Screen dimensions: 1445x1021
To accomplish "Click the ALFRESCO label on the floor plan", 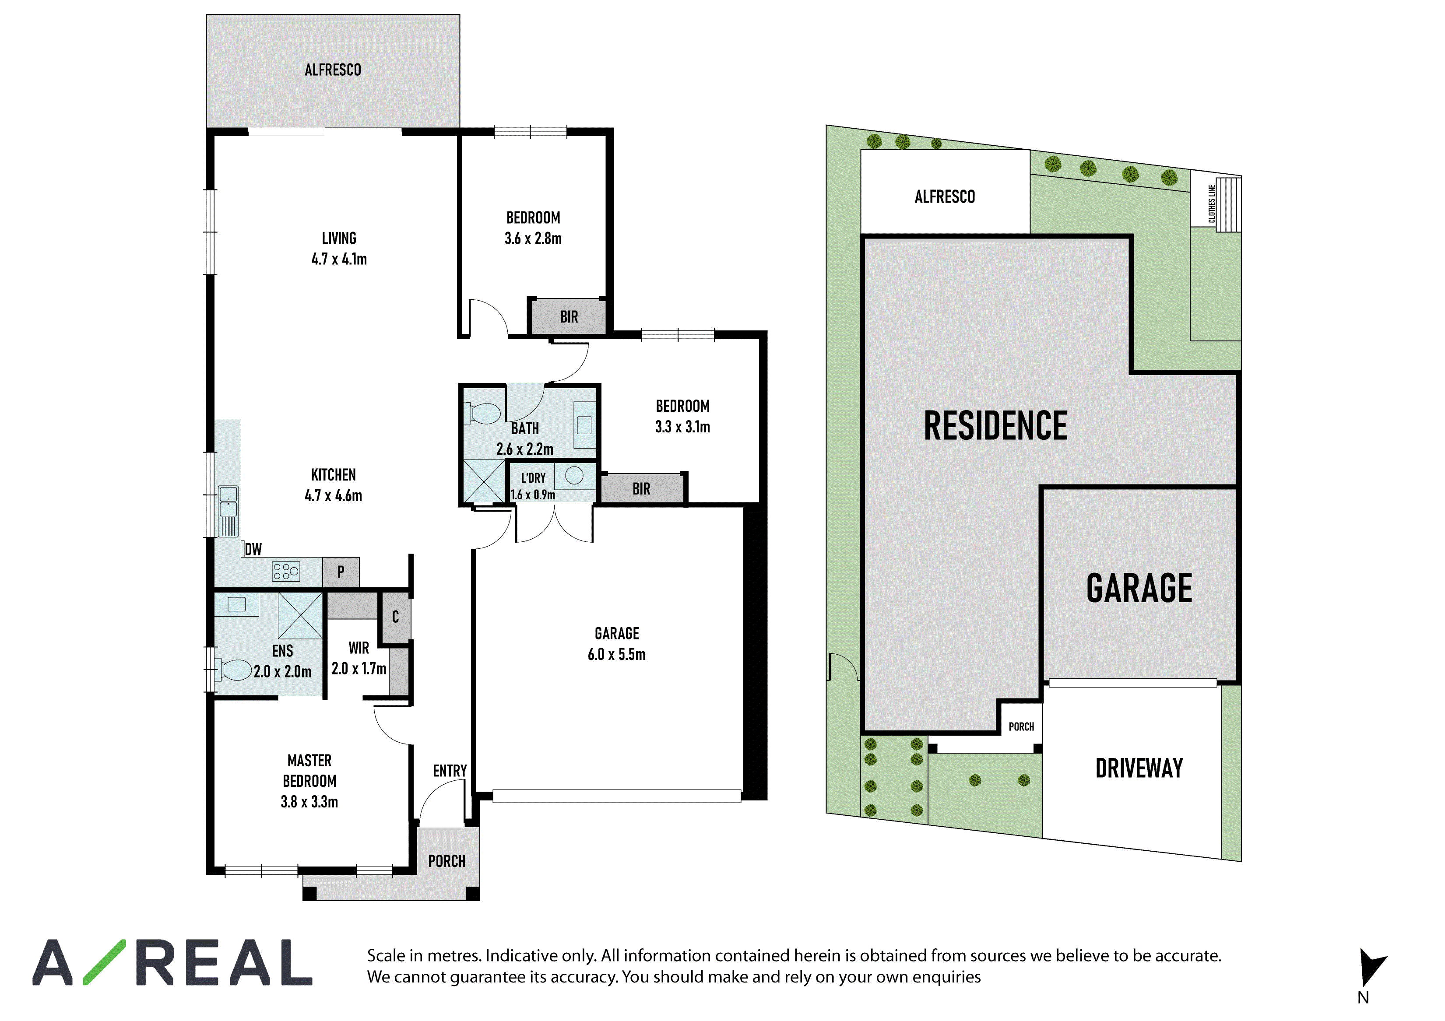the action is point(333,70).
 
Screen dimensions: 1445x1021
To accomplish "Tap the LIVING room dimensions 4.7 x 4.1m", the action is point(339,259).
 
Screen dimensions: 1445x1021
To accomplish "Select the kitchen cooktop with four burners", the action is point(286,571).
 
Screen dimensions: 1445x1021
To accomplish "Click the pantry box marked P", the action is point(341,572).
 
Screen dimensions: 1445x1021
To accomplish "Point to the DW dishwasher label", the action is point(253,549).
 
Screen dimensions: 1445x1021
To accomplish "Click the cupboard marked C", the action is point(395,617).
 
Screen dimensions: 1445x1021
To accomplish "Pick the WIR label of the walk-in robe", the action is point(359,648).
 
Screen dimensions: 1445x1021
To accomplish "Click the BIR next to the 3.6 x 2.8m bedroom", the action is point(569,317).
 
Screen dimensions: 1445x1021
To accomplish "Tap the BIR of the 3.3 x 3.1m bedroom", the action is point(641,489).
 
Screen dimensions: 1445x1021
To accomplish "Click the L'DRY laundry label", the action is point(534,478).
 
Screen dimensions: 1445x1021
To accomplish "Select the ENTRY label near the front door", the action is point(450,771).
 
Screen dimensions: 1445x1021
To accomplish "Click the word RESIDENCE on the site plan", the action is point(995,426).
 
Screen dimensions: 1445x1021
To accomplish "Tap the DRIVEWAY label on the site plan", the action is point(1139,768).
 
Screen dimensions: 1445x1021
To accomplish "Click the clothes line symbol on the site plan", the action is point(1228,204).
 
